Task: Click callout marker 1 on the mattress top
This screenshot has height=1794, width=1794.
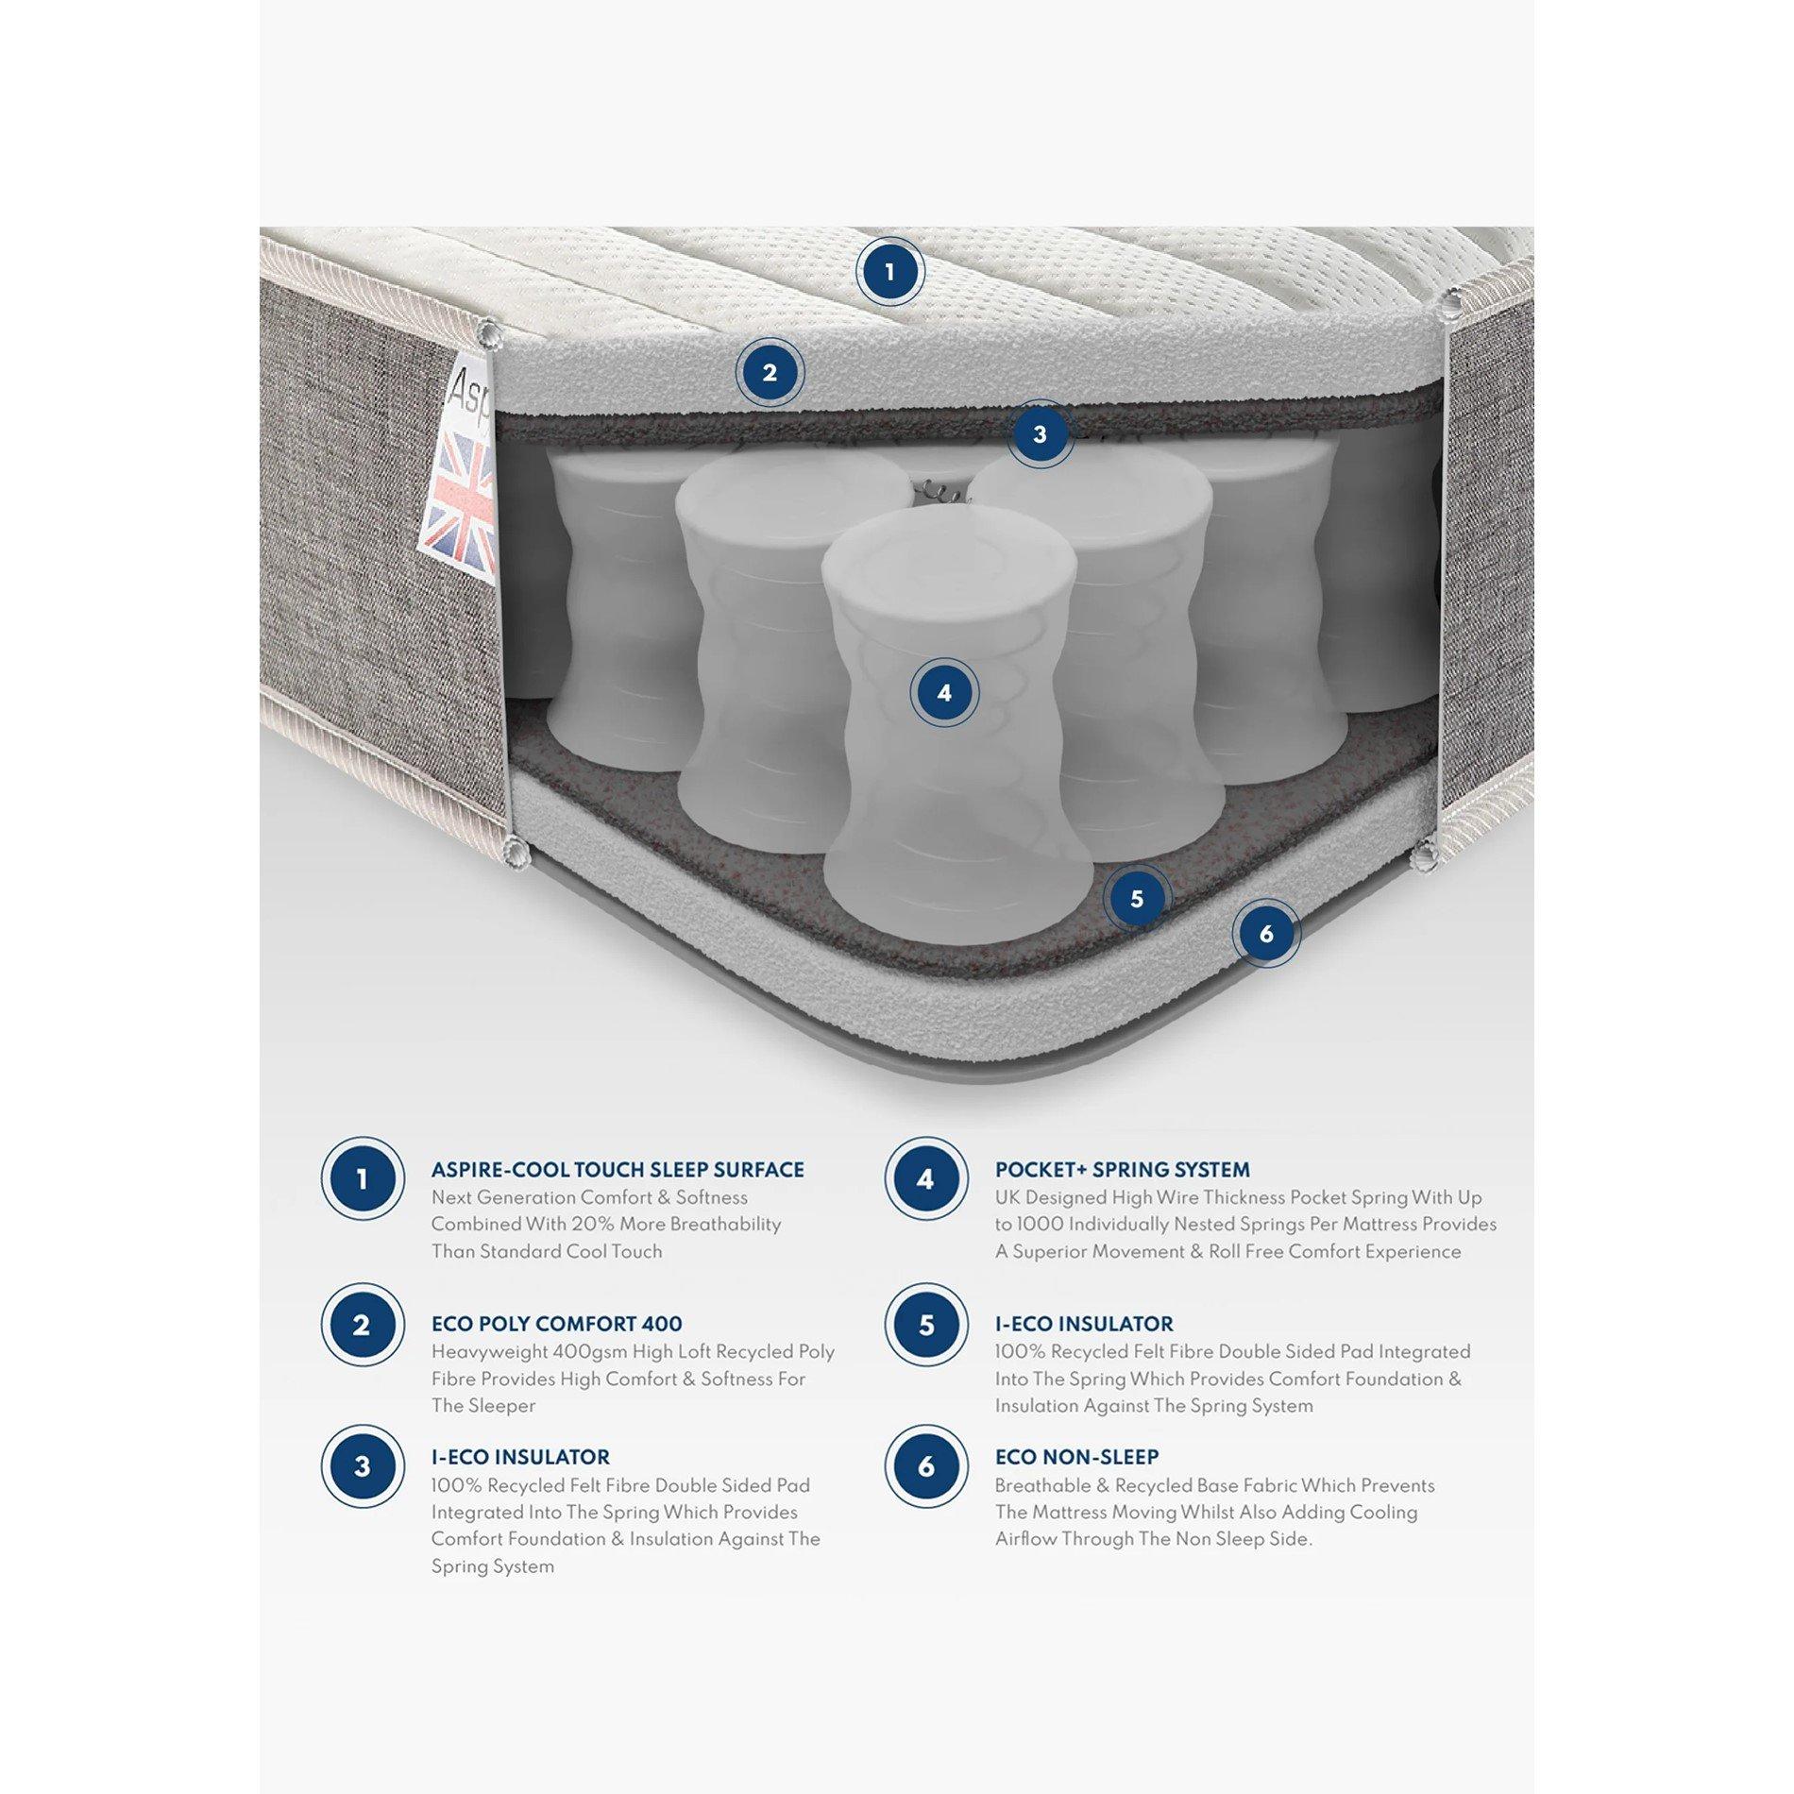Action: (x=889, y=273)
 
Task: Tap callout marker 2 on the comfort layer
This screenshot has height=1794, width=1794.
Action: (x=770, y=373)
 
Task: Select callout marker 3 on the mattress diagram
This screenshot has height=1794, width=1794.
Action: (x=1040, y=434)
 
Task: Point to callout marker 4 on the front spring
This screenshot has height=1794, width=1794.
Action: (x=944, y=693)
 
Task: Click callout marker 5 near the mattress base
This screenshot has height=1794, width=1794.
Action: (x=1137, y=899)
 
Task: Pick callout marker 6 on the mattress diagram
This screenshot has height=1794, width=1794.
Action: (x=1266, y=934)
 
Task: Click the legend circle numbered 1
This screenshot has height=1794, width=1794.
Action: (x=363, y=1178)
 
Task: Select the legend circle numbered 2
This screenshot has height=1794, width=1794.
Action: (x=363, y=1325)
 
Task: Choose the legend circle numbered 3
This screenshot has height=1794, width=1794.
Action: (x=363, y=1466)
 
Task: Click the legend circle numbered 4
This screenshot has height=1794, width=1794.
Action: (x=926, y=1178)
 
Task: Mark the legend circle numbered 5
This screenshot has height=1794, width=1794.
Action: (x=926, y=1325)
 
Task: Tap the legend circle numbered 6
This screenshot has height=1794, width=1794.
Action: (x=926, y=1466)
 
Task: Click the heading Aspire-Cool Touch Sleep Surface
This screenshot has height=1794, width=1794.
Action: (x=618, y=1170)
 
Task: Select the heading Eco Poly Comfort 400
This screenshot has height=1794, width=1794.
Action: (x=556, y=1324)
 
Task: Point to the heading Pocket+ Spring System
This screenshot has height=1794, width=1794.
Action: (x=1123, y=1170)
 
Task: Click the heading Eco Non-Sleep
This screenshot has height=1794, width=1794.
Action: (x=1076, y=1457)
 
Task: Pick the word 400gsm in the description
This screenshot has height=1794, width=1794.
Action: (x=579, y=1352)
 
